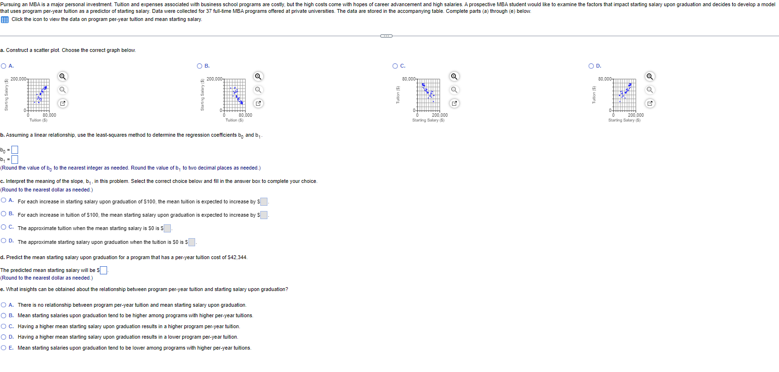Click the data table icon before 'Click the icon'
point(5,20)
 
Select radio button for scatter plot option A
point(4,66)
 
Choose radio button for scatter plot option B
point(200,66)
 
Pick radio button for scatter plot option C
point(395,66)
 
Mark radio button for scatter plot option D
point(592,66)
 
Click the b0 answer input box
point(15,150)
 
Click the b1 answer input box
point(15,160)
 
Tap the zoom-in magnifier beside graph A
point(62,77)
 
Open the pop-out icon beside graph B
point(258,103)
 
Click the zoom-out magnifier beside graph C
point(454,90)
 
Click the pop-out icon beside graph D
point(650,103)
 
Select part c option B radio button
point(4,214)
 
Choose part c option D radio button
point(4,241)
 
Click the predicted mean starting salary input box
point(103,271)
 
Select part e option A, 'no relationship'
point(4,305)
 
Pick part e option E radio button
point(4,348)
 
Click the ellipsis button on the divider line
point(386,36)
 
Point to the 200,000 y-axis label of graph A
point(19,79)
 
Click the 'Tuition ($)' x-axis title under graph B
point(234,120)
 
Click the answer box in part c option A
point(264,202)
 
